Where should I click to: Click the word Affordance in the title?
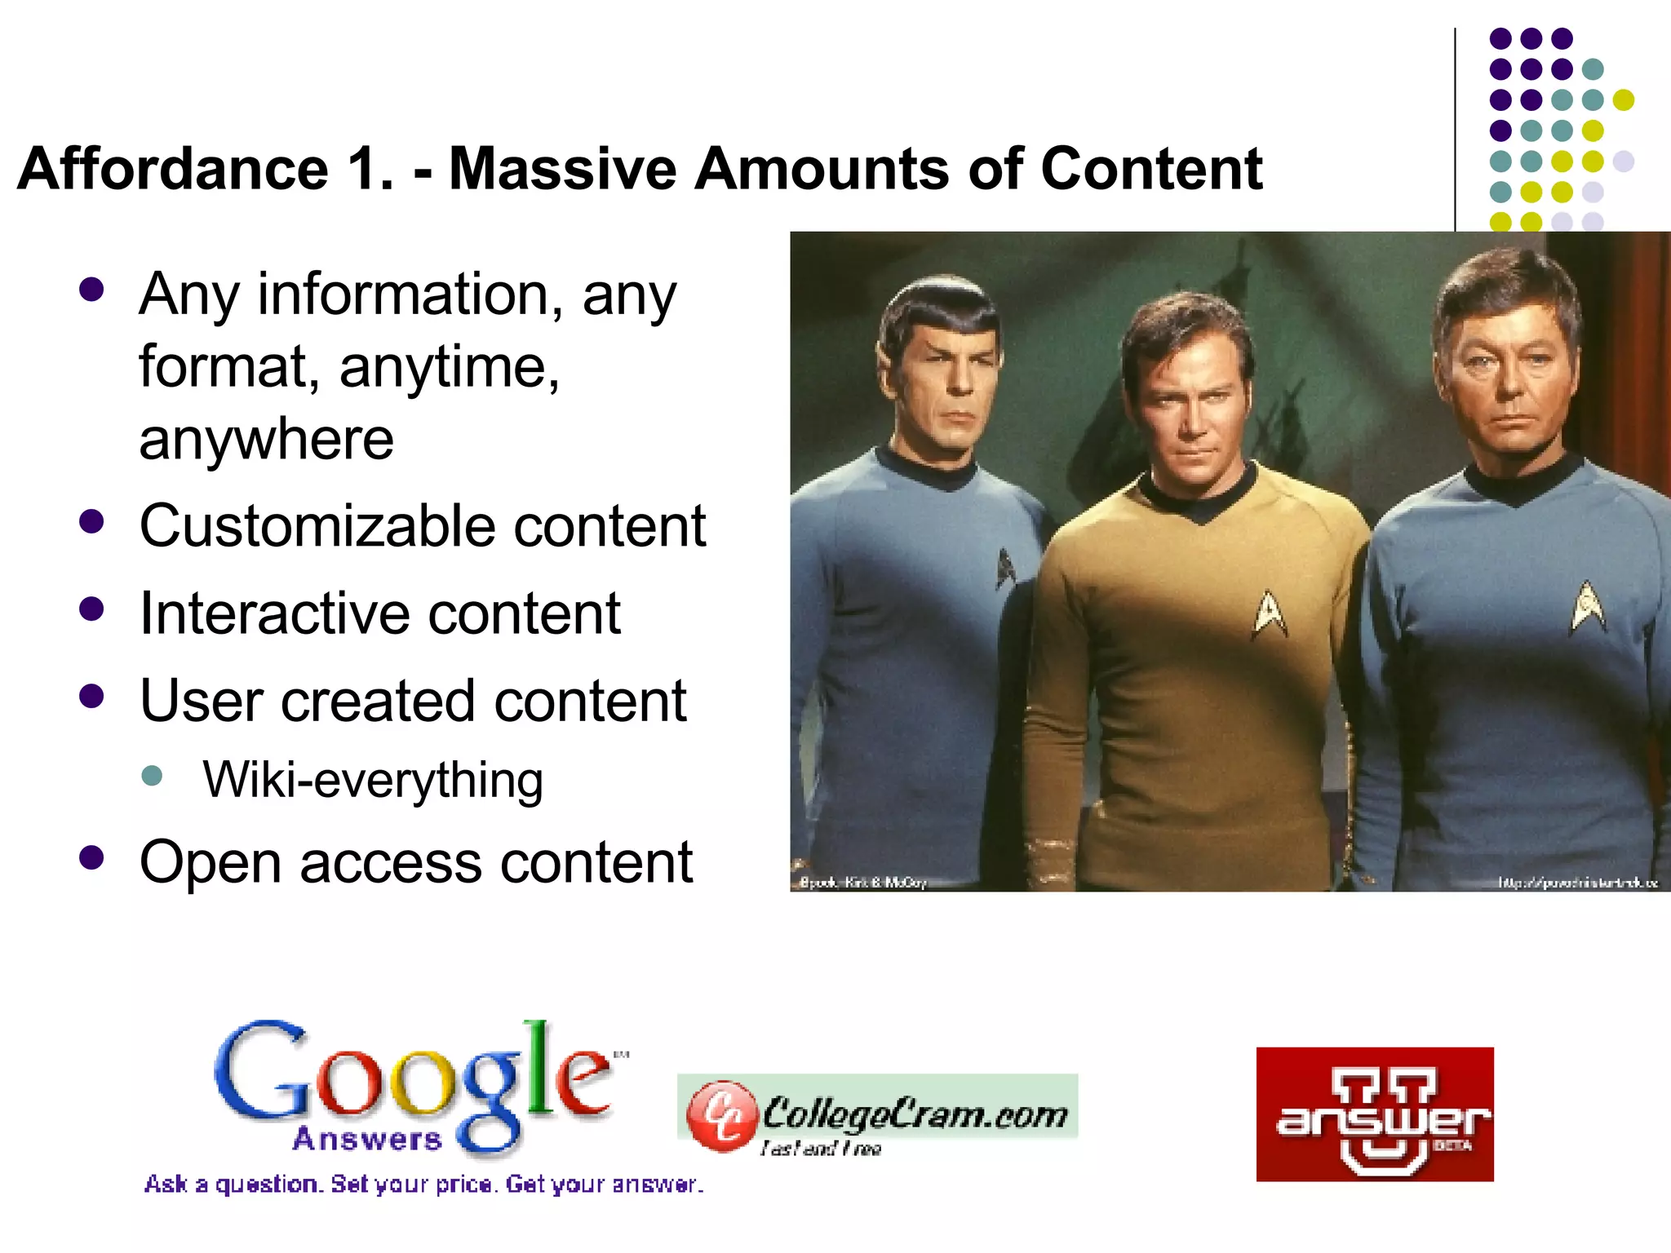(172, 169)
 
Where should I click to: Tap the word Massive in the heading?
(563, 169)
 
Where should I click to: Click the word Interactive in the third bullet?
(273, 613)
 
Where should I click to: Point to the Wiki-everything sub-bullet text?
(373, 780)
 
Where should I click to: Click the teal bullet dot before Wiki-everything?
(153, 774)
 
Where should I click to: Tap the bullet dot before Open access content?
(92, 857)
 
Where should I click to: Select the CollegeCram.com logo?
(877, 1114)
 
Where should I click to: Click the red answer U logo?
(1375, 1114)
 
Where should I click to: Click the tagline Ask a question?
(423, 1184)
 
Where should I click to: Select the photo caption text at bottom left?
(862, 882)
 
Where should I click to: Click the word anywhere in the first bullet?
(266, 440)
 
